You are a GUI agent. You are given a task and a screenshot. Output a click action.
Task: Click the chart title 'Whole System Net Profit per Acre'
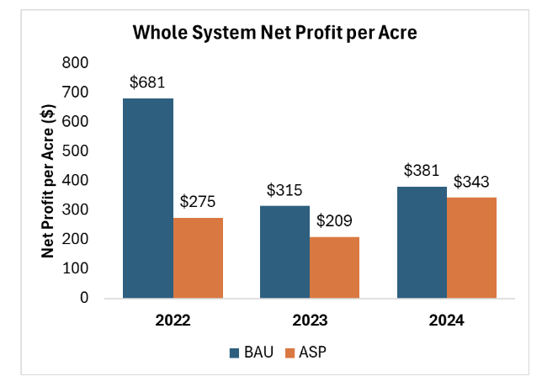click(275, 34)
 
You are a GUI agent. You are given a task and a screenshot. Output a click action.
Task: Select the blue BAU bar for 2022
click(148, 198)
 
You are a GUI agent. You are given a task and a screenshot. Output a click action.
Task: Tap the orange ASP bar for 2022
click(198, 257)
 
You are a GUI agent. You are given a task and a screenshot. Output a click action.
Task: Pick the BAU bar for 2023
click(284, 252)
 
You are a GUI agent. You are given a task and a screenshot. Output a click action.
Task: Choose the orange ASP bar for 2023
click(334, 268)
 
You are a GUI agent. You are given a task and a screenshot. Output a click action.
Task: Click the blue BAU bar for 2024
click(422, 241)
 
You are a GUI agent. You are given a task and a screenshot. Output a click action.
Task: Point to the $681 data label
click(147, 83)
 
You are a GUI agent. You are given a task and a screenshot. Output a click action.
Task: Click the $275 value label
click(199, 203)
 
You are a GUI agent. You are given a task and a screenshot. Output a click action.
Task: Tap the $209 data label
click(335, 222)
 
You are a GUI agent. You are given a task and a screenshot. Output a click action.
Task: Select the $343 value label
click(471, 183)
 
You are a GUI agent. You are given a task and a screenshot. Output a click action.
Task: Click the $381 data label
click(421, 171)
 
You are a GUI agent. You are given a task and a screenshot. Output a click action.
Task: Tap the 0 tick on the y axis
click(83, 298)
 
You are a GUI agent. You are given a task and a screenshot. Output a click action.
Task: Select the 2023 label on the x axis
click(309, 321)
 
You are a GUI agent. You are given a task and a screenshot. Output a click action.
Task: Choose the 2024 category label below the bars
click(445, 321)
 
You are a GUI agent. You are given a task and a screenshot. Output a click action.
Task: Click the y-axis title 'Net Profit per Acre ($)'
click(49, 180)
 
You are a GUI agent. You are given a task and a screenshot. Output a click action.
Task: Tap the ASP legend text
click(311, 353)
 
